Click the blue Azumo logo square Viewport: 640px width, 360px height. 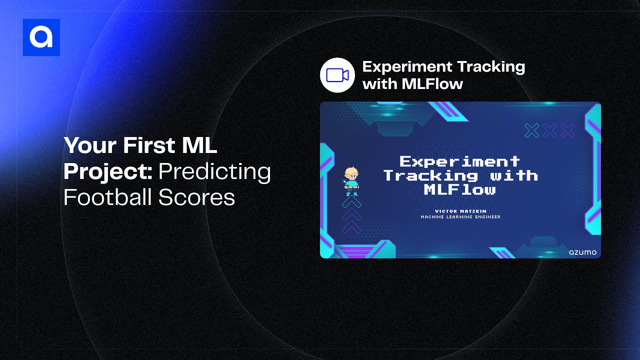click(41, 37)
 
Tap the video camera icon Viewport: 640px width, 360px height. click(337, 75)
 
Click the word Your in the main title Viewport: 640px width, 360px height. click(90, 145)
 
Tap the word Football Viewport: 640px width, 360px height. click(107, 197)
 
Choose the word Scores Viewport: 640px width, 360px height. click(196, 197)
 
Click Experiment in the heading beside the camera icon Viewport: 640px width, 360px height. click(407, 67)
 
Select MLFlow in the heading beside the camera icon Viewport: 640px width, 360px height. click(432, 84)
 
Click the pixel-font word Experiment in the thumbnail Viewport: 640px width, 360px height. click(459, 161)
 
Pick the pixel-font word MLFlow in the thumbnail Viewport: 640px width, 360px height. click(459, 189)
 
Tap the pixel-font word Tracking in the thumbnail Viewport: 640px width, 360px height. click(430, 175)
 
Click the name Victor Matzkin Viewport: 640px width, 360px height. click(460, 211)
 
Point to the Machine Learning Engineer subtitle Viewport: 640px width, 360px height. click(460, 217)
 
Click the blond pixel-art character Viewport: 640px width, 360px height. click(351, 181)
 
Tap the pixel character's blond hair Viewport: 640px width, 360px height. click(351, 171)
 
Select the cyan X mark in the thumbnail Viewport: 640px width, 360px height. click(531, 131)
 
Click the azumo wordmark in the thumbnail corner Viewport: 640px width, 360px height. click(582, 252)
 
